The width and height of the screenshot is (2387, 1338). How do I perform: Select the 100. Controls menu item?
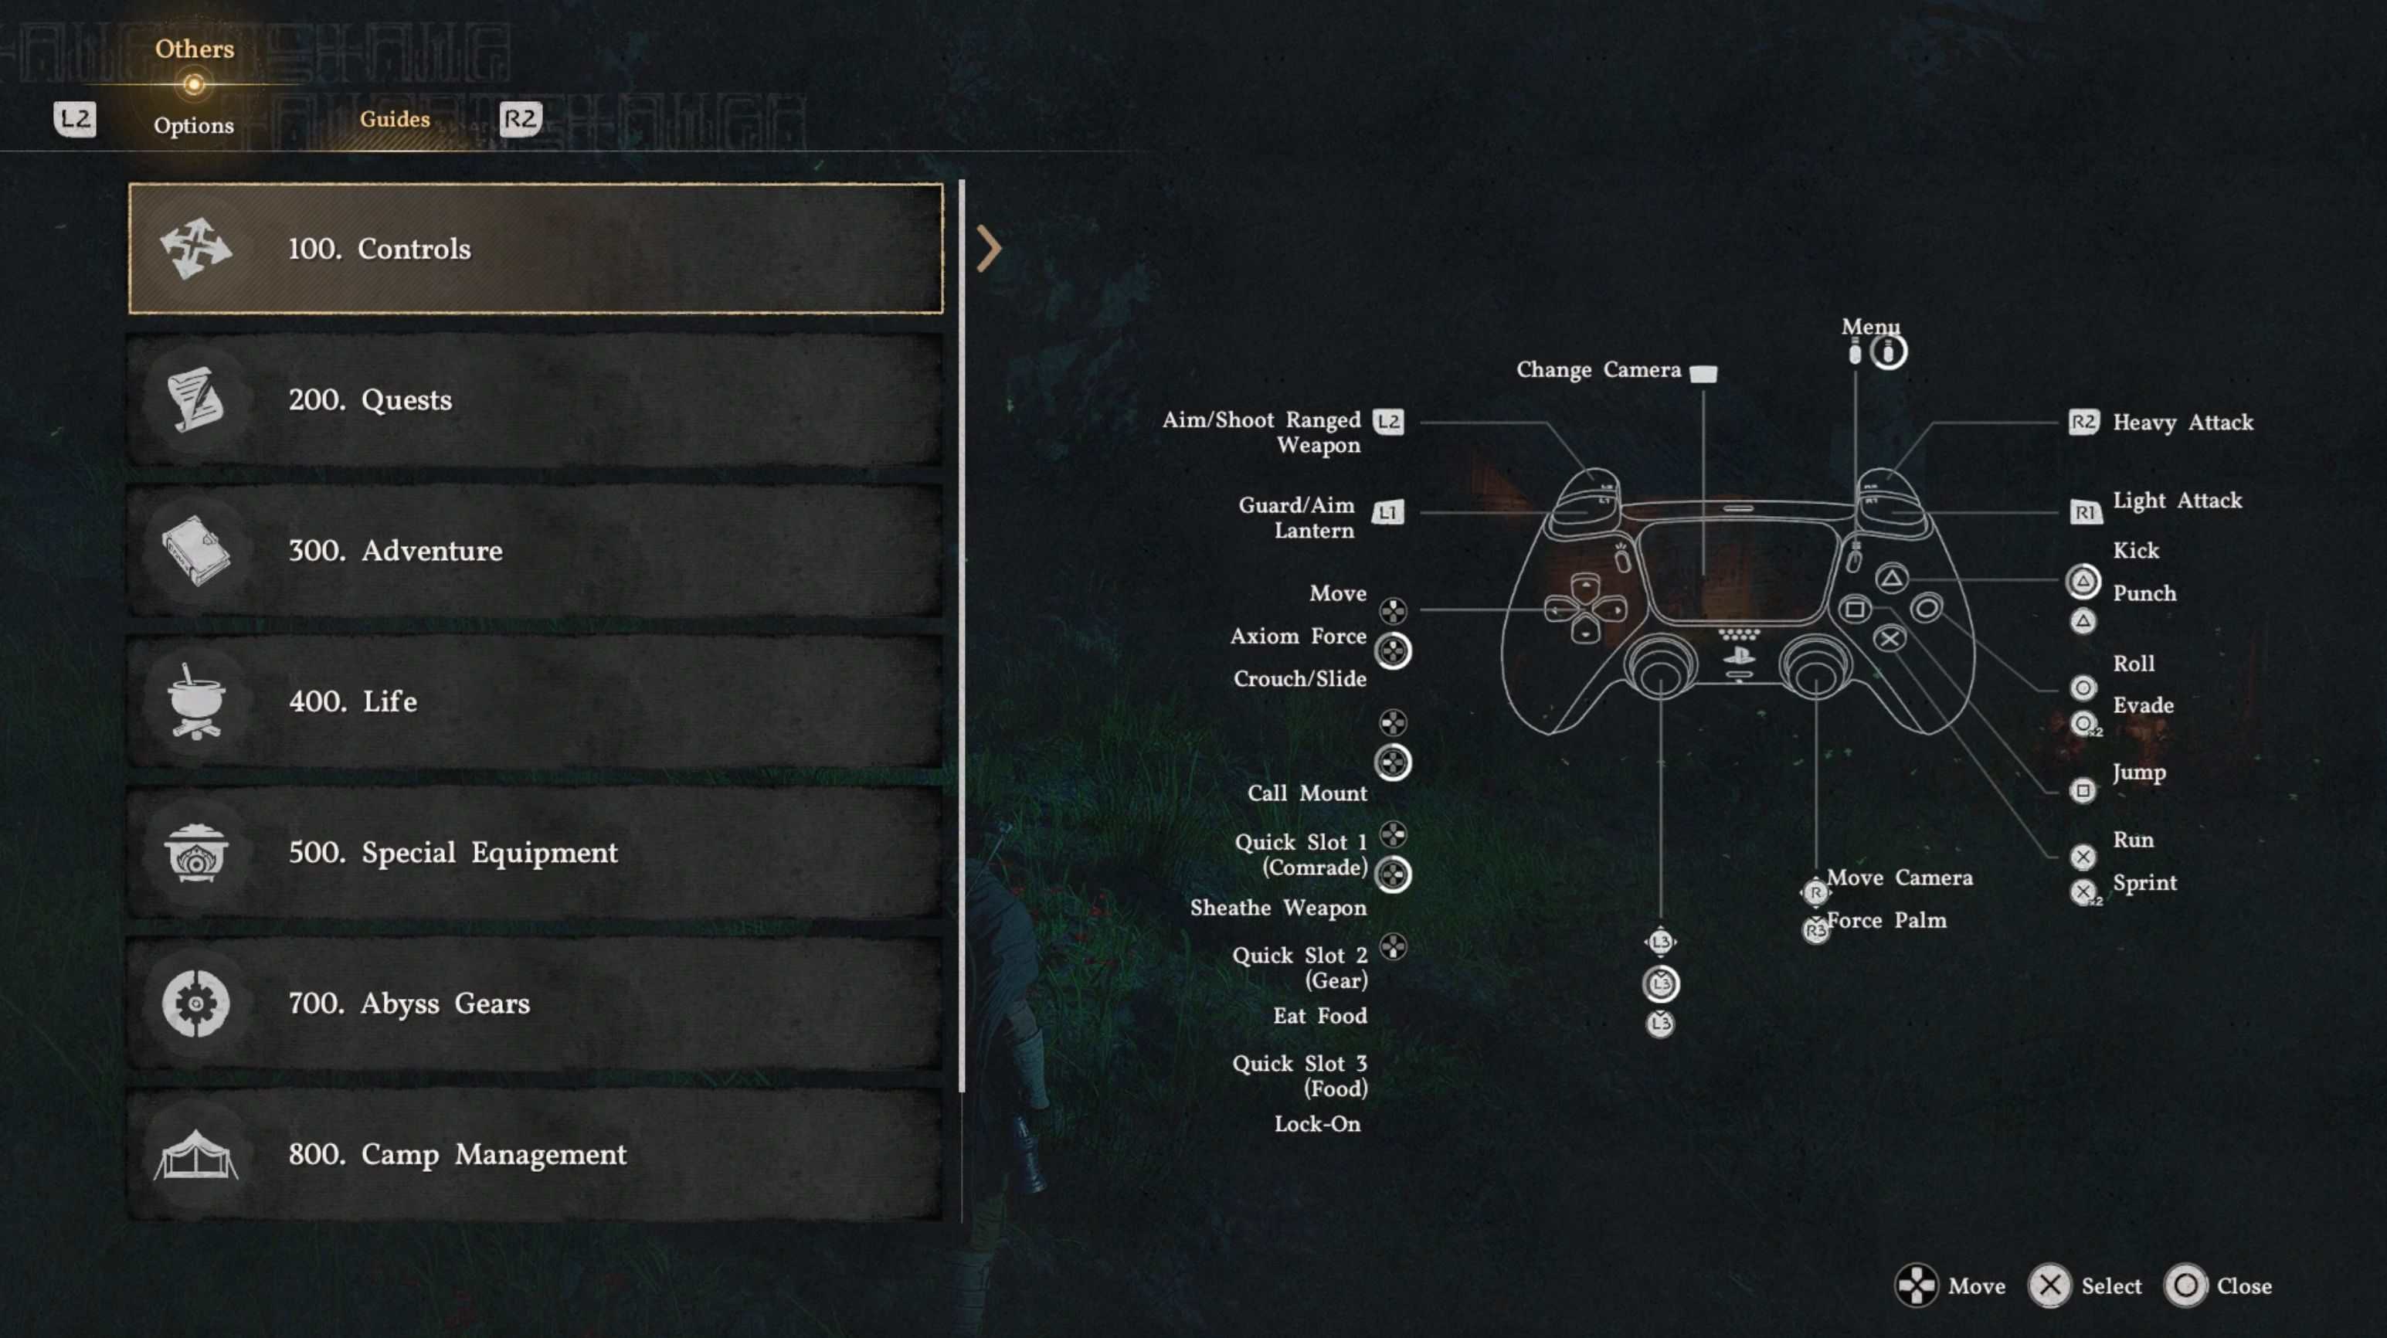[535, 248]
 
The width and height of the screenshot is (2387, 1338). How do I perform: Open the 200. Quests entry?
[535, 400]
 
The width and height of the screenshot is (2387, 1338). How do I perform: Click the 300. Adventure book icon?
[195, 550]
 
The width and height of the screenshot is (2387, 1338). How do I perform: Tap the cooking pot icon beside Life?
[195, 701]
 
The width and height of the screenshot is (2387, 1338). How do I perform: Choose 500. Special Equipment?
[535, 852]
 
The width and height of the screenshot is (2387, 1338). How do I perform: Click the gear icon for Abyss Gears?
[195, 1003]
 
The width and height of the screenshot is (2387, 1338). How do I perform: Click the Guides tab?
[395, 120]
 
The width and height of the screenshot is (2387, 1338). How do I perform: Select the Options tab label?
[194, 125]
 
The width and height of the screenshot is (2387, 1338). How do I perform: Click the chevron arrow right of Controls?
[989, 248]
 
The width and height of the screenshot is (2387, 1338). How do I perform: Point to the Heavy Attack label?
[2182, 423]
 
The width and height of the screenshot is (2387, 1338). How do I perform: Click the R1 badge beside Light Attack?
[2084, 511]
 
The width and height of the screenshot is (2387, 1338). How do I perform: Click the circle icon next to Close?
[2185, 1285]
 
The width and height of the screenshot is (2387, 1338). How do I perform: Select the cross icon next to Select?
[2049, 1285]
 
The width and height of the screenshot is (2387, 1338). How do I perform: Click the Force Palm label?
[1886, 920]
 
